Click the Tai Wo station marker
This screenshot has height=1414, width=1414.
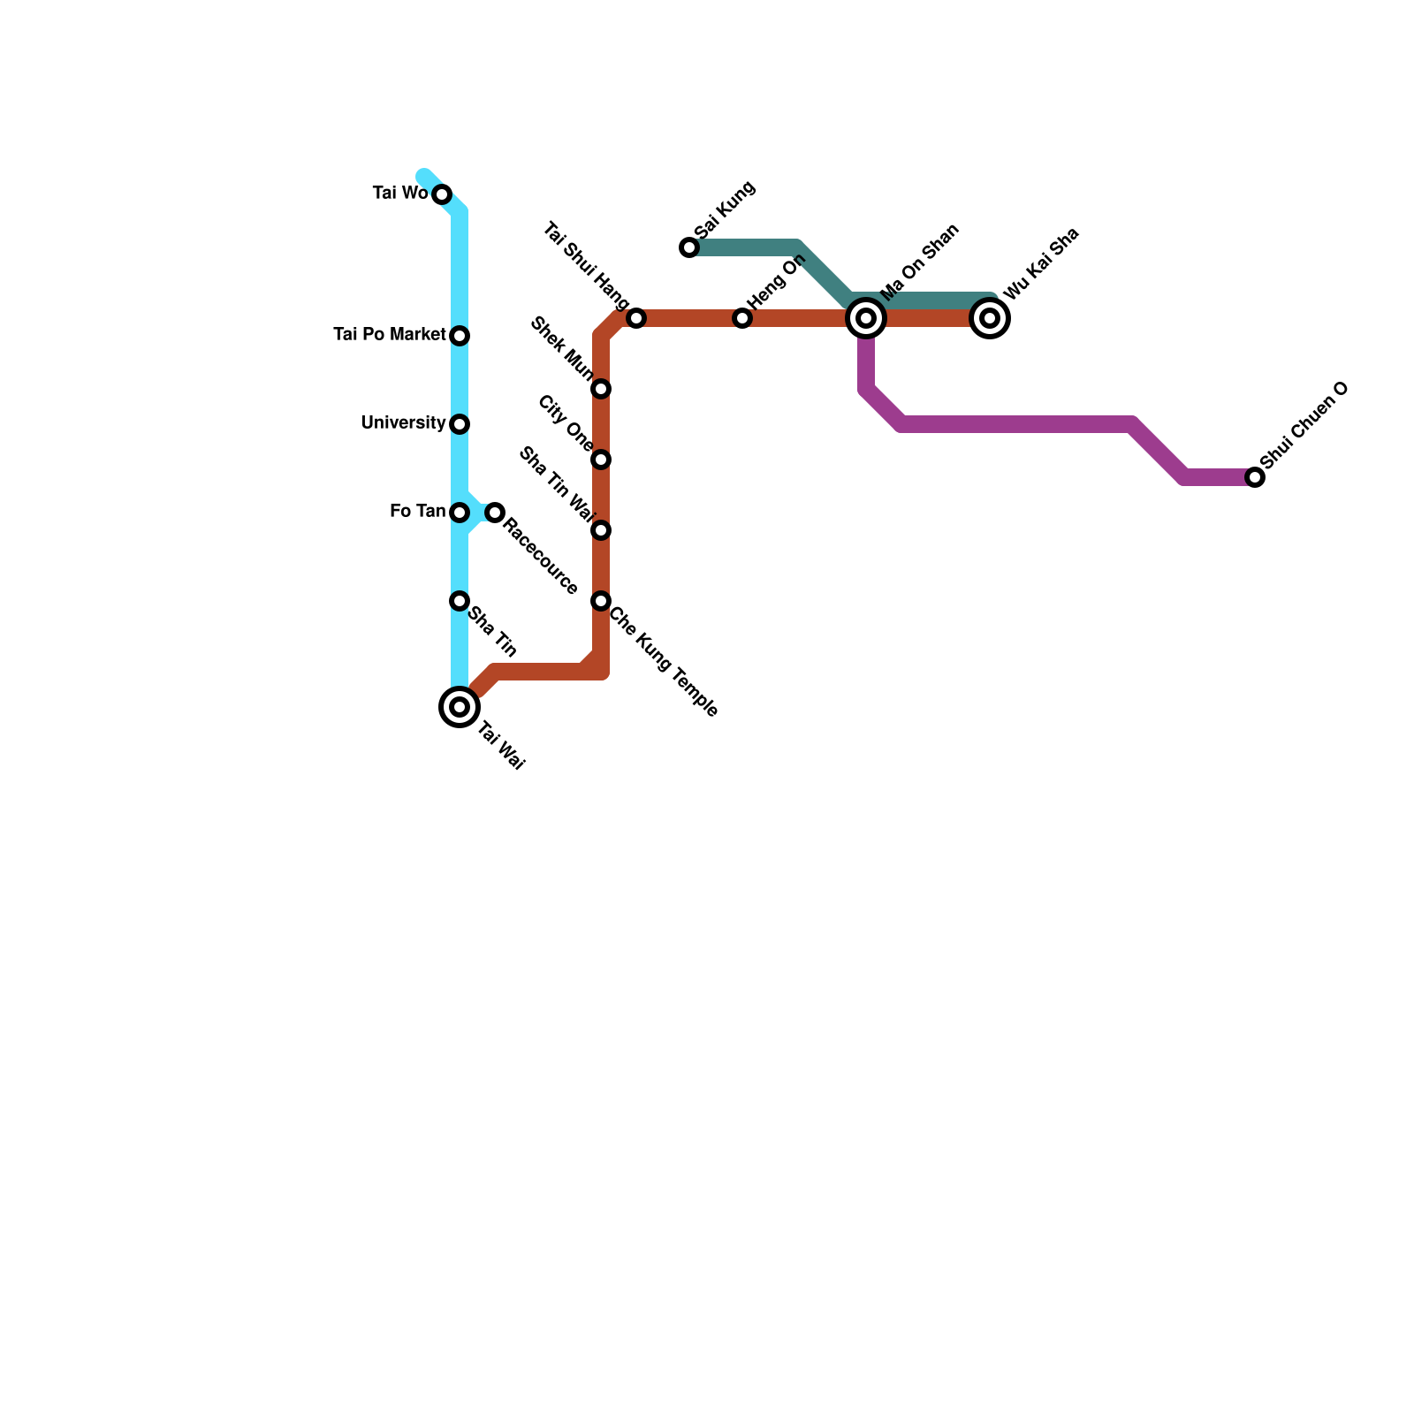tap(442, 194)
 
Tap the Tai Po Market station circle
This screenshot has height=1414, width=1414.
tap(460, 336)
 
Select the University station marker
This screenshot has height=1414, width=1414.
tap(460, 424)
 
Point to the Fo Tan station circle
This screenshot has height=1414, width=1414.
tap(460, 513)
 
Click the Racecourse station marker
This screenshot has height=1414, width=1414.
tap(495, 513)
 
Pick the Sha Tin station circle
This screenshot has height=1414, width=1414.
tap(460, 601)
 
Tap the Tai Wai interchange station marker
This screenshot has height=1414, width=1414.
tap(460, 707)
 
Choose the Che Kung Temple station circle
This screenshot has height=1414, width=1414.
tap(601, 601)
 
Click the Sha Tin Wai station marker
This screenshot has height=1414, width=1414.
tap(601, 530)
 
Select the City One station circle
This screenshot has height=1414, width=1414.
tap(601, 460)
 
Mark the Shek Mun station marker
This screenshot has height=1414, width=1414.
tap(601, 389)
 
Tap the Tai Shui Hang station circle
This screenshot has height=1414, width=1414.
tap(636, 318)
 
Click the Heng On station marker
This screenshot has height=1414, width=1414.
tap(742, 318)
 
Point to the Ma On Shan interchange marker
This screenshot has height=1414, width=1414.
tap(866, 318)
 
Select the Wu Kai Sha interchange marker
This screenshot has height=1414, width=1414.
tap(990, 318)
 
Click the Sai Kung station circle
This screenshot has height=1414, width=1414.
tap(689, 247)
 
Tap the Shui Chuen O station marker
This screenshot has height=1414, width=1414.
tap(1255, 477)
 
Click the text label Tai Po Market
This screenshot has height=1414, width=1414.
tap(389, 335)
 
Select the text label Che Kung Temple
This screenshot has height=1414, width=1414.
tap(664, 661)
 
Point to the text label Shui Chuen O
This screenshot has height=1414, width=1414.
tap(1304, 427)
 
